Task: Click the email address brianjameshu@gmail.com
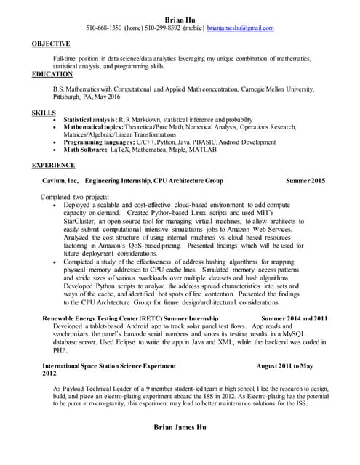pyautogui.click(x=240, y=28)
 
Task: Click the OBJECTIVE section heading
pyautogui.click(x=51, y=44)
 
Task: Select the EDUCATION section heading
pyautogui.click(x=52, y=73)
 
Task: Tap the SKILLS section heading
pyautogui.click(x=44, y=113)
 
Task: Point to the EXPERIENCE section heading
pyautogui.click(x=54, y=165)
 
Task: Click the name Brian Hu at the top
pyautogui.click(x=180, y=17)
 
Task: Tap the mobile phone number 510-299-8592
pyautogui.click(x=166, y=28)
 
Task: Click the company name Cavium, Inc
pyautogui.click(x=62, y=180)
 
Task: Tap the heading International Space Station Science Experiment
pyautogui.click(x=109, y=365)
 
